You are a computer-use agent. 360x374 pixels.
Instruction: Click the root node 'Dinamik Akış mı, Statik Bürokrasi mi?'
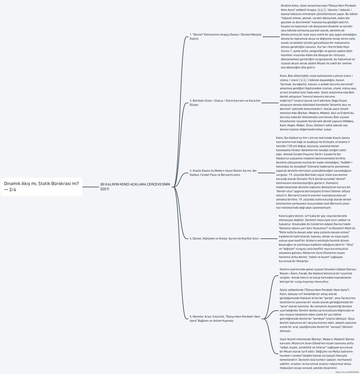coord(41,187)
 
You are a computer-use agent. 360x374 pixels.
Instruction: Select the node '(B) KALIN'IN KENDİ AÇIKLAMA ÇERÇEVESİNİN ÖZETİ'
coord(135,187)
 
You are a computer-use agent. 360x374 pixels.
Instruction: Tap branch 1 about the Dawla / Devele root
coord(225,36)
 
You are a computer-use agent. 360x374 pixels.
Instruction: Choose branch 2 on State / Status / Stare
coord(225,103)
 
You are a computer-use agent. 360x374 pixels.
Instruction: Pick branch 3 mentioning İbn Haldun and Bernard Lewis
coord(223,173)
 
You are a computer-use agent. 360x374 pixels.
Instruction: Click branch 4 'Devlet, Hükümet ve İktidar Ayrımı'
coord(224,238)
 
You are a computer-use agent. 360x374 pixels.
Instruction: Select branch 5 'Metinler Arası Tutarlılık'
coord(225,319)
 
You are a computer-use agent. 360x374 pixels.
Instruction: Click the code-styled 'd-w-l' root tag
coord(322,10)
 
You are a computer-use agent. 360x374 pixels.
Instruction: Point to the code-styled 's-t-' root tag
coord(304,80)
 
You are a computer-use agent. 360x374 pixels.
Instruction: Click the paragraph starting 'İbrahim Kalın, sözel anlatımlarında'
coord(319,36)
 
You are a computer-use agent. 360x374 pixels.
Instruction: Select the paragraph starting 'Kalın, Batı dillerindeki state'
coord(317,103)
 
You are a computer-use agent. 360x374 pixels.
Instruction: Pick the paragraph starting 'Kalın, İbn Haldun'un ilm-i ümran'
coord(314,173)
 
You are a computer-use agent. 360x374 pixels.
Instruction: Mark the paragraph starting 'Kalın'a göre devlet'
coord(317,238)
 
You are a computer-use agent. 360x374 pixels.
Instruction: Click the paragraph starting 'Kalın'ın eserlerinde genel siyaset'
coord(318,276)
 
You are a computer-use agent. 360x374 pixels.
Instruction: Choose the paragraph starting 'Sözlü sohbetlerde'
coord(318,310)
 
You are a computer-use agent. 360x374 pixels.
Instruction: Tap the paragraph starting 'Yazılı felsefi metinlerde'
coord(317,353)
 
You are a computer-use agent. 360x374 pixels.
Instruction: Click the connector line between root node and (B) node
coord(90,187)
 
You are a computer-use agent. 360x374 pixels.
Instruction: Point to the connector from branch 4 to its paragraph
coord(269,238)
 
